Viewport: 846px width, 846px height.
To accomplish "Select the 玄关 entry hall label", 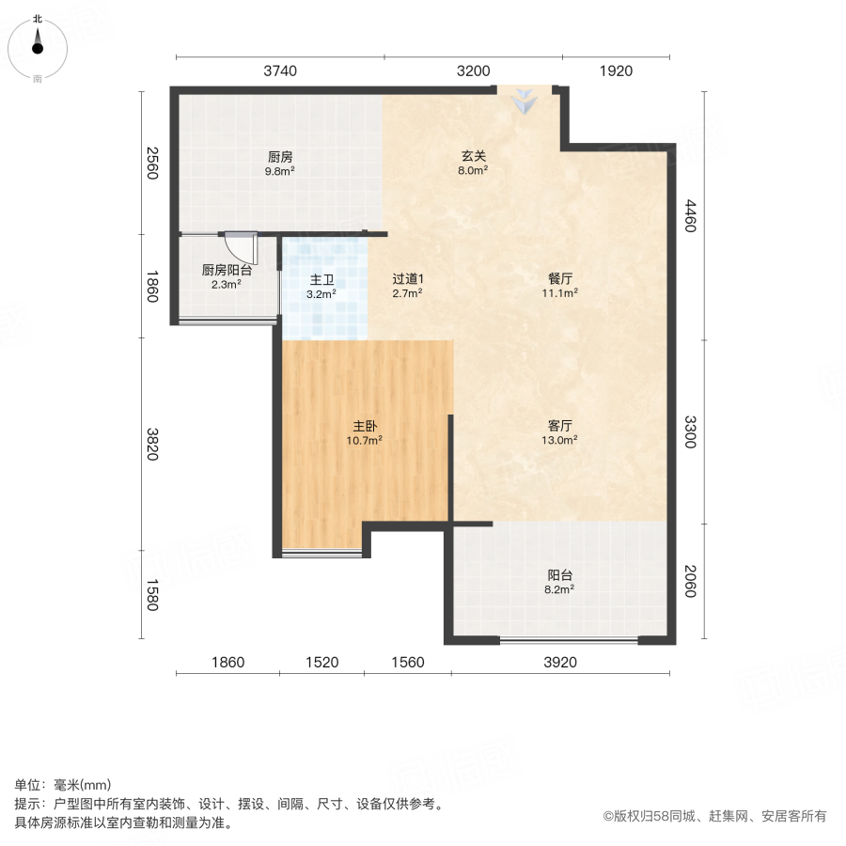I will [x=472, y=156].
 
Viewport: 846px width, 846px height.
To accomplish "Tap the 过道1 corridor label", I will [x=408, y=279].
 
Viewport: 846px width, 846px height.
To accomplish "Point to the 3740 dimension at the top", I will [x=281, y=70].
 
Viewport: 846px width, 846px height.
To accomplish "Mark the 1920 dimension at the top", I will [x=616, y=70].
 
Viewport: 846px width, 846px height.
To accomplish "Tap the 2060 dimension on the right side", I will [x=691, y=580].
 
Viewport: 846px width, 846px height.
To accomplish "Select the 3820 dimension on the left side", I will [x=153, y=444].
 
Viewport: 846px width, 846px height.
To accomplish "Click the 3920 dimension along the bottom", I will [x=560, y=663].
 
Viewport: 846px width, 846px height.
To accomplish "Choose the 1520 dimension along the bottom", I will [x=321, y=663].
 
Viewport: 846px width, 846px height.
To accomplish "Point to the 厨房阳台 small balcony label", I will [x=227, y=270].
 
